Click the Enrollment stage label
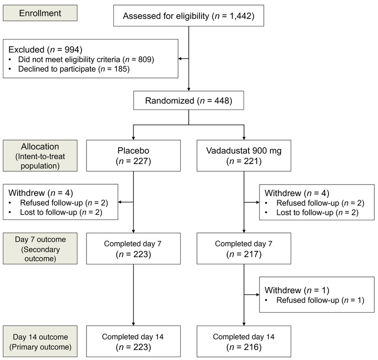point(40,13)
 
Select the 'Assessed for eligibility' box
point(189,16)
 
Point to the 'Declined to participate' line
point(74,69)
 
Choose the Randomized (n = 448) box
point(189,101)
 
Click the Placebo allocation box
point(134,156)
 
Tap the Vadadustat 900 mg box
point(244,156)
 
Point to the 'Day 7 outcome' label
point(40,240)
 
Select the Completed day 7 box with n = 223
point(134,248)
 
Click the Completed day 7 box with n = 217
point(244,248)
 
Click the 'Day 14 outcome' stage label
point(40,337)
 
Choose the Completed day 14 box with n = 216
point(244,341)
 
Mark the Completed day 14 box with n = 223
point(134,341)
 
